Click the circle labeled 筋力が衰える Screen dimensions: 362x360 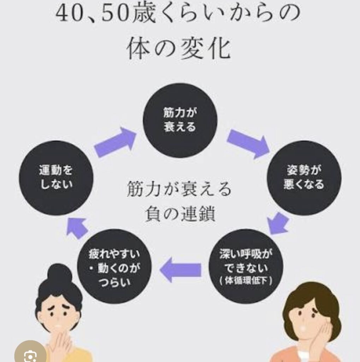tap(180, 120)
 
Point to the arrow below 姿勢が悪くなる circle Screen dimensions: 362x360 tap(278, 223)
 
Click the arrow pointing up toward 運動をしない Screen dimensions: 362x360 tap(77, 228)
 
